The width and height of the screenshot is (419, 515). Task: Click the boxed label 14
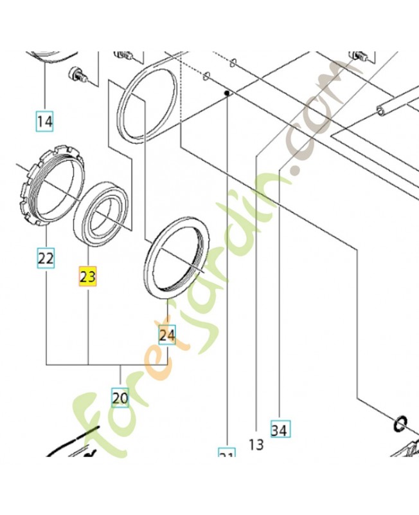pos(44,120)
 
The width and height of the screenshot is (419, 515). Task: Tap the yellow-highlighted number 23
pos(87,277)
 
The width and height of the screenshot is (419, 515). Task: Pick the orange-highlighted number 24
pos(167,335)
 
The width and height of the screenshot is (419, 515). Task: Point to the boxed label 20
pos(120,397)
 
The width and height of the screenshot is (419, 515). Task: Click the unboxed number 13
pos(256,444)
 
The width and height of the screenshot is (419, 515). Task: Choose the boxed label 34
pos(280,429)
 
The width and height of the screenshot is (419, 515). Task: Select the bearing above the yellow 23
pos(101,215)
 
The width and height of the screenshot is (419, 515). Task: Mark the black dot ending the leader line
pos(227,93)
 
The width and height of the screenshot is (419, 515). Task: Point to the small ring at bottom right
pos(399,424)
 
